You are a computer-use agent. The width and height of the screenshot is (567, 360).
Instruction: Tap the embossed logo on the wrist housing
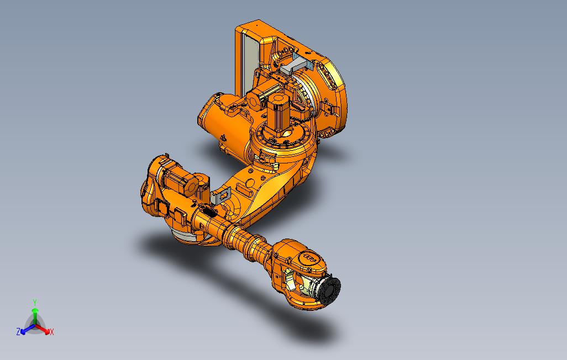point(308,259)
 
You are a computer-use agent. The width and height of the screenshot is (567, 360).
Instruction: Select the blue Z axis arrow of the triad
point(25,330)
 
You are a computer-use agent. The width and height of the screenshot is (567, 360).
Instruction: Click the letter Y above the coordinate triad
point(35,302)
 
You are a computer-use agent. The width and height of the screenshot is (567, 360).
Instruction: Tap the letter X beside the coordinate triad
point(52,332)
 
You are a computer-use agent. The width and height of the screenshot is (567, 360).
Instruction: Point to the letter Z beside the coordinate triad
point(18,332)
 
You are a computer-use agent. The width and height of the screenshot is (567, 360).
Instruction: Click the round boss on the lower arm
point(250,182)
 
